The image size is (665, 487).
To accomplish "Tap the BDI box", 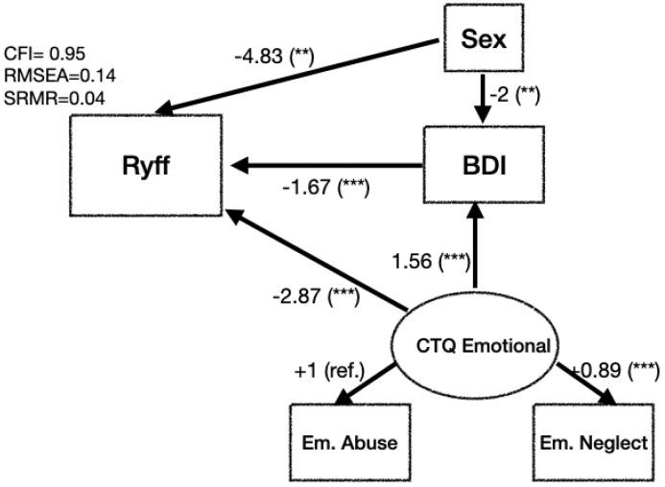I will [x=477, y=164].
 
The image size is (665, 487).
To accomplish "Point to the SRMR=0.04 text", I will [x=41, y=97].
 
